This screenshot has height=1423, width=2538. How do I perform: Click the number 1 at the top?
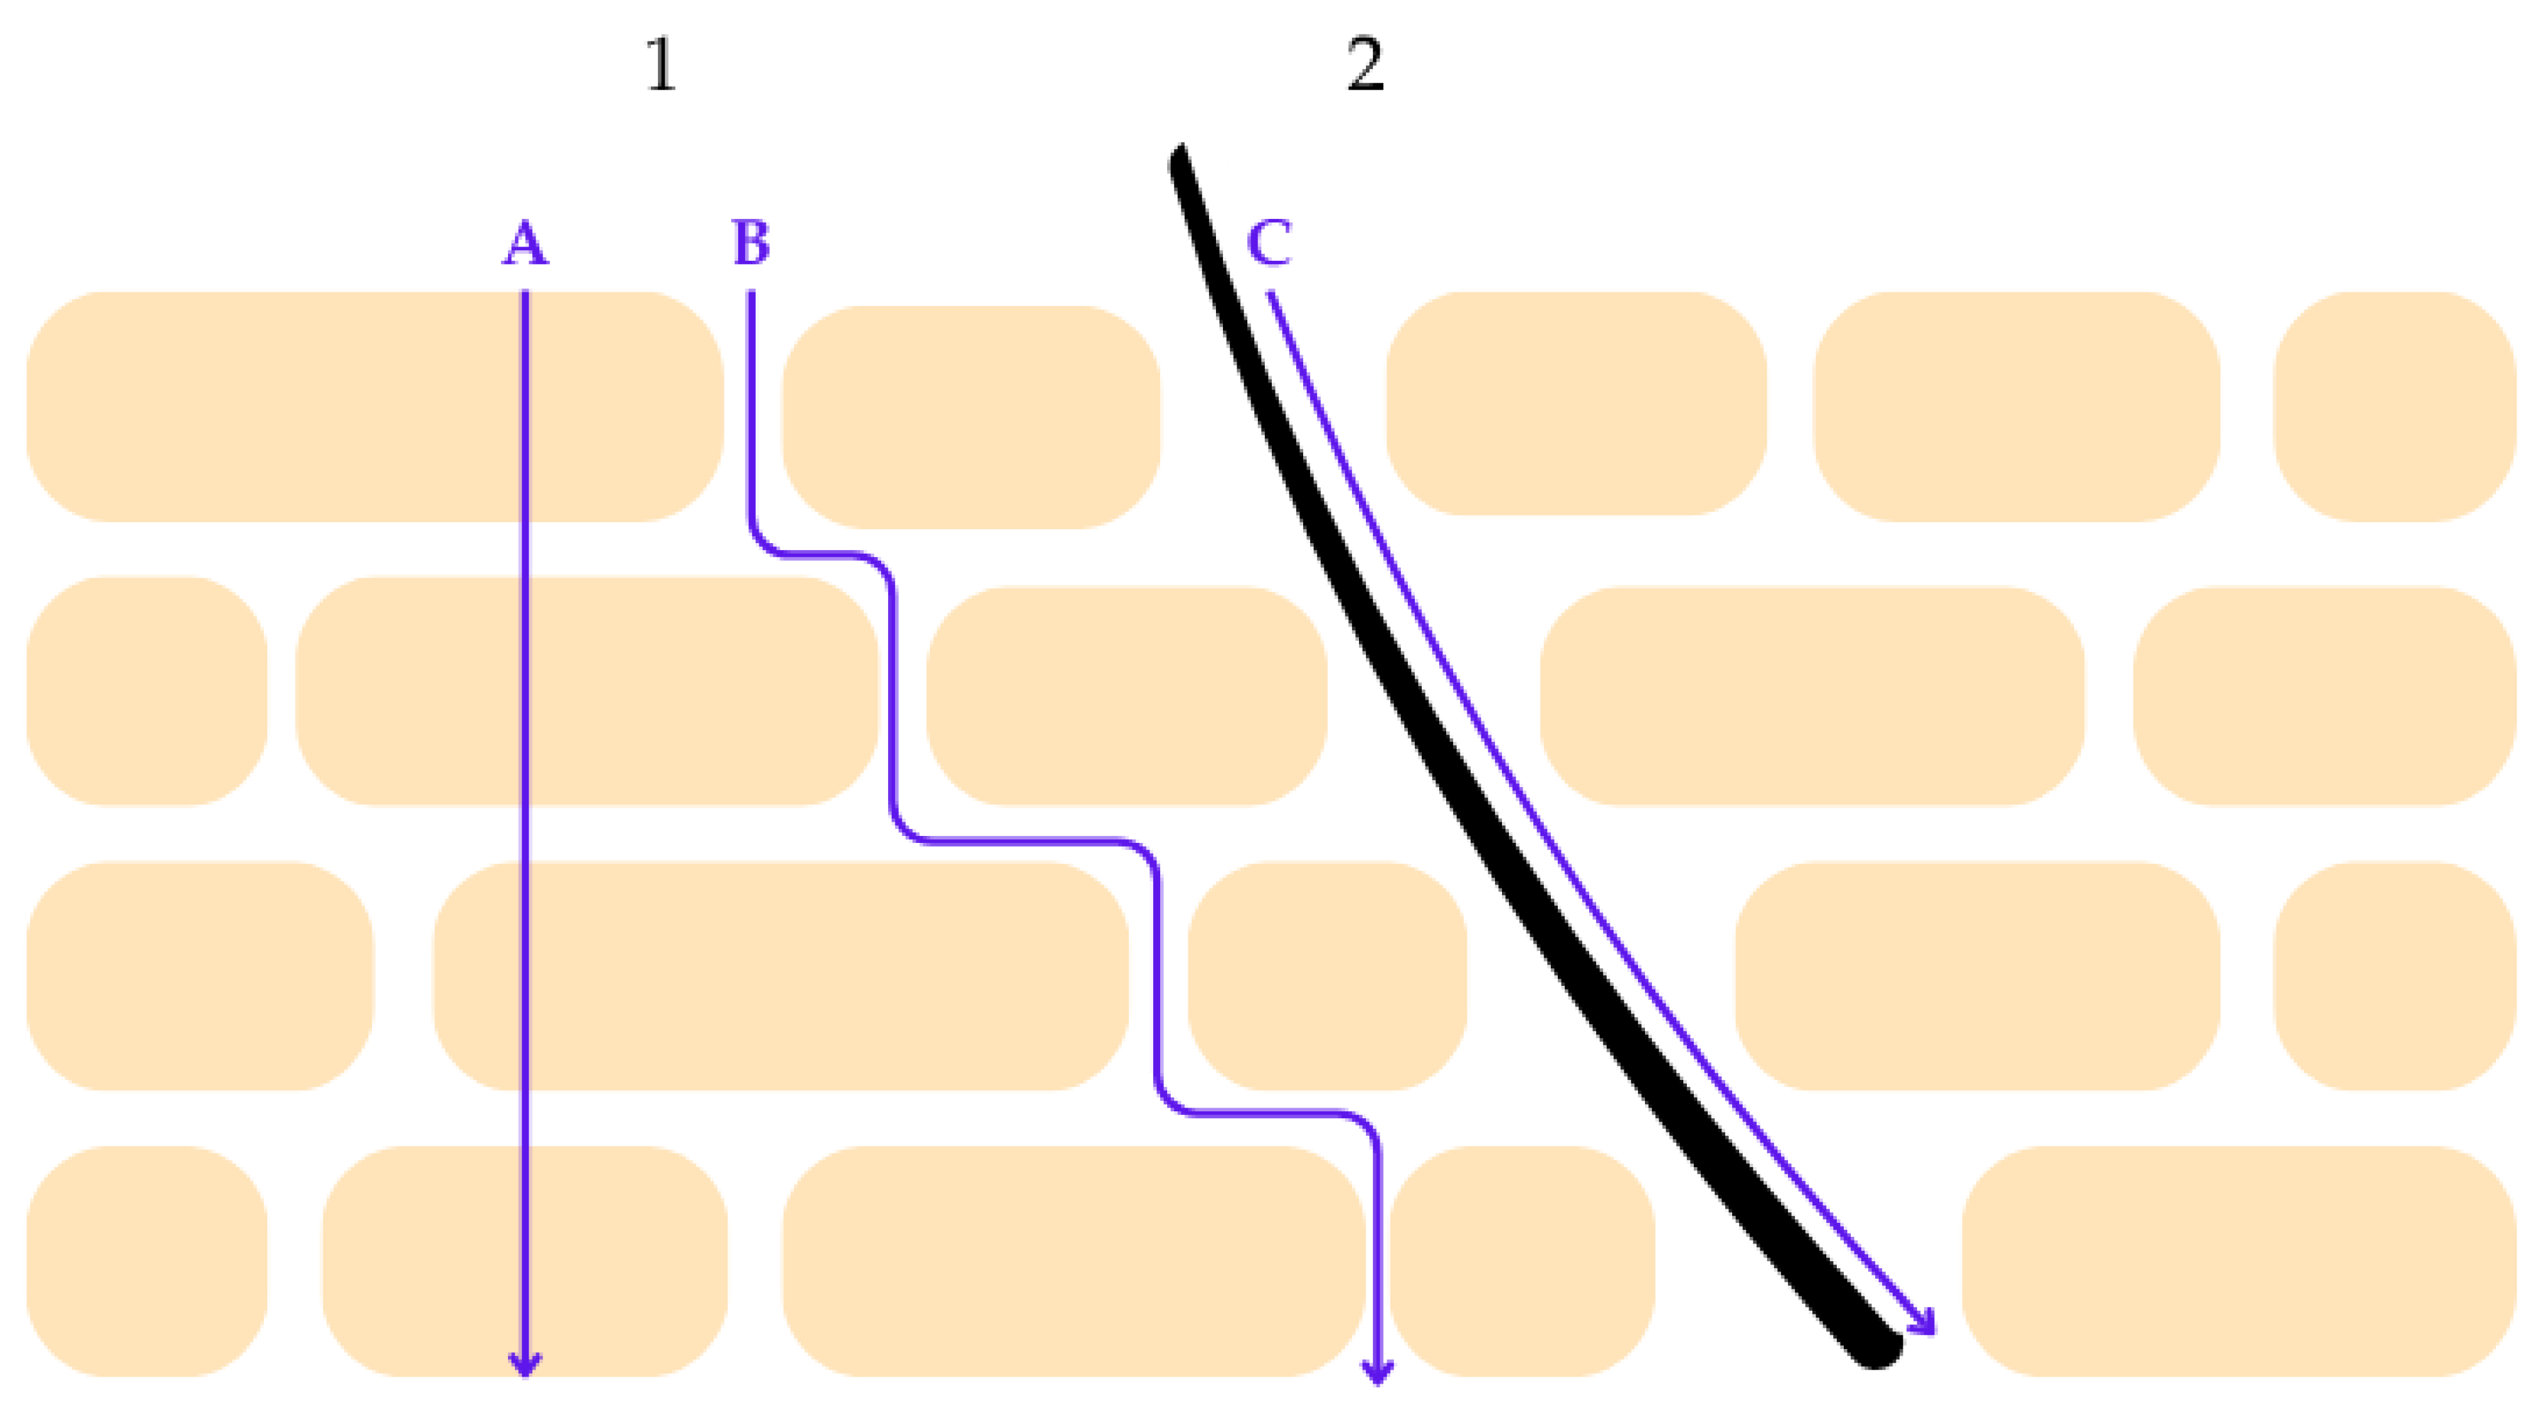coord(661,67)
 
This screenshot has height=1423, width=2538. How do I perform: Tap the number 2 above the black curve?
coord(1365,67)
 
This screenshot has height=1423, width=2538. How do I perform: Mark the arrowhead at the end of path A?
coord(524,1365)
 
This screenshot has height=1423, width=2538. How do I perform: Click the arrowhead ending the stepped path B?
coord(1377,1372)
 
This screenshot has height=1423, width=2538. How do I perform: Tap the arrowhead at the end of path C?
coord(1923,1323)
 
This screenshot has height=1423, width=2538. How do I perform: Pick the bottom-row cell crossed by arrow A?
coord(524,1261)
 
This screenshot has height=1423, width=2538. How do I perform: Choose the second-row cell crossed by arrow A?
coord(586,691)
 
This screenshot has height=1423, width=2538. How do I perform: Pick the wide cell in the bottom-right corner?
coord(2236,1261)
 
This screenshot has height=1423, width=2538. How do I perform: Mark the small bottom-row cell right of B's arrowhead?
coord(1522,1261)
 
